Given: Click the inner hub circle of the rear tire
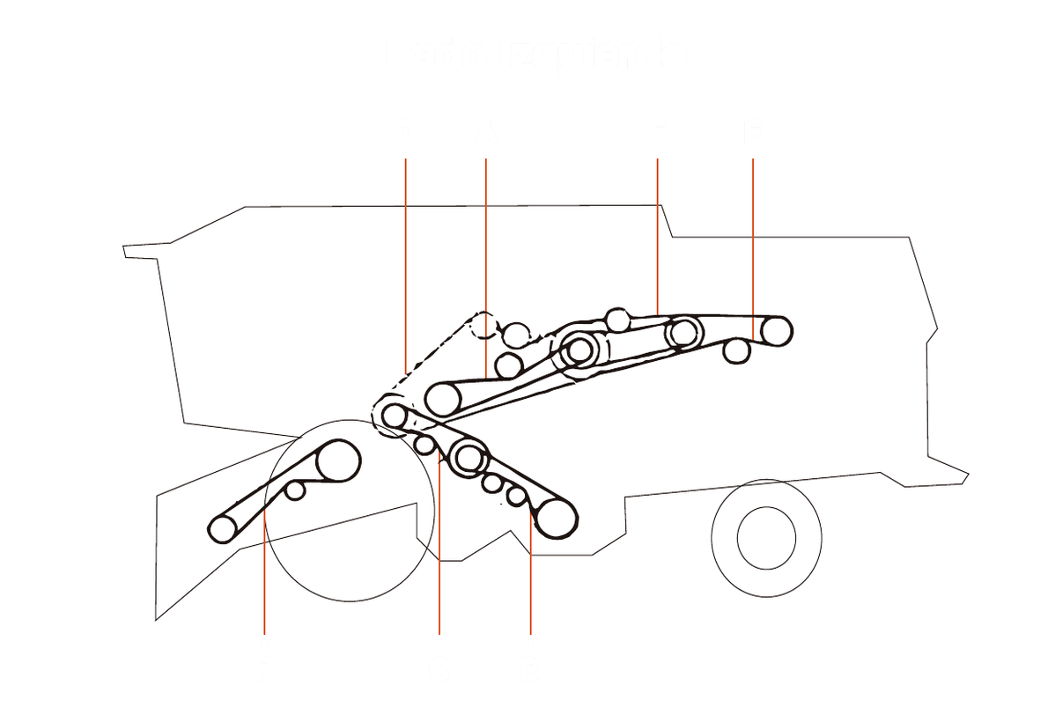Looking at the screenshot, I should pos(766,538).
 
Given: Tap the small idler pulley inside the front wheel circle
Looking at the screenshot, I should pos(295,490).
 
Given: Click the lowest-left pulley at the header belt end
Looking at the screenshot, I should pos(222,529).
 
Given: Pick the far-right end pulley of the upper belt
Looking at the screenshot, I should pos(776,331).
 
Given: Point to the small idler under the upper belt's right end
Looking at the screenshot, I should pos(736,351).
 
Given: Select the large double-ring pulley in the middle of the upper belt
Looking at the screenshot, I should pos(579,350).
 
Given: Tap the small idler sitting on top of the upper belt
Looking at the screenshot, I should pos(618,320).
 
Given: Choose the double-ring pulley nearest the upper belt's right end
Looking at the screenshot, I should pos(683,333).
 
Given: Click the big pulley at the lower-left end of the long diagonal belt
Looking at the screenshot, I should pos(443,399).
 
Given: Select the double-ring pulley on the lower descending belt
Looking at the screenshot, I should pos(469,458).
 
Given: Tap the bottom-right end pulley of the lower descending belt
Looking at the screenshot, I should pos(556,517).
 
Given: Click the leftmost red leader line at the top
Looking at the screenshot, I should pos(405,264).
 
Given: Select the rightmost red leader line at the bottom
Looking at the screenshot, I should pos(530,581).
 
